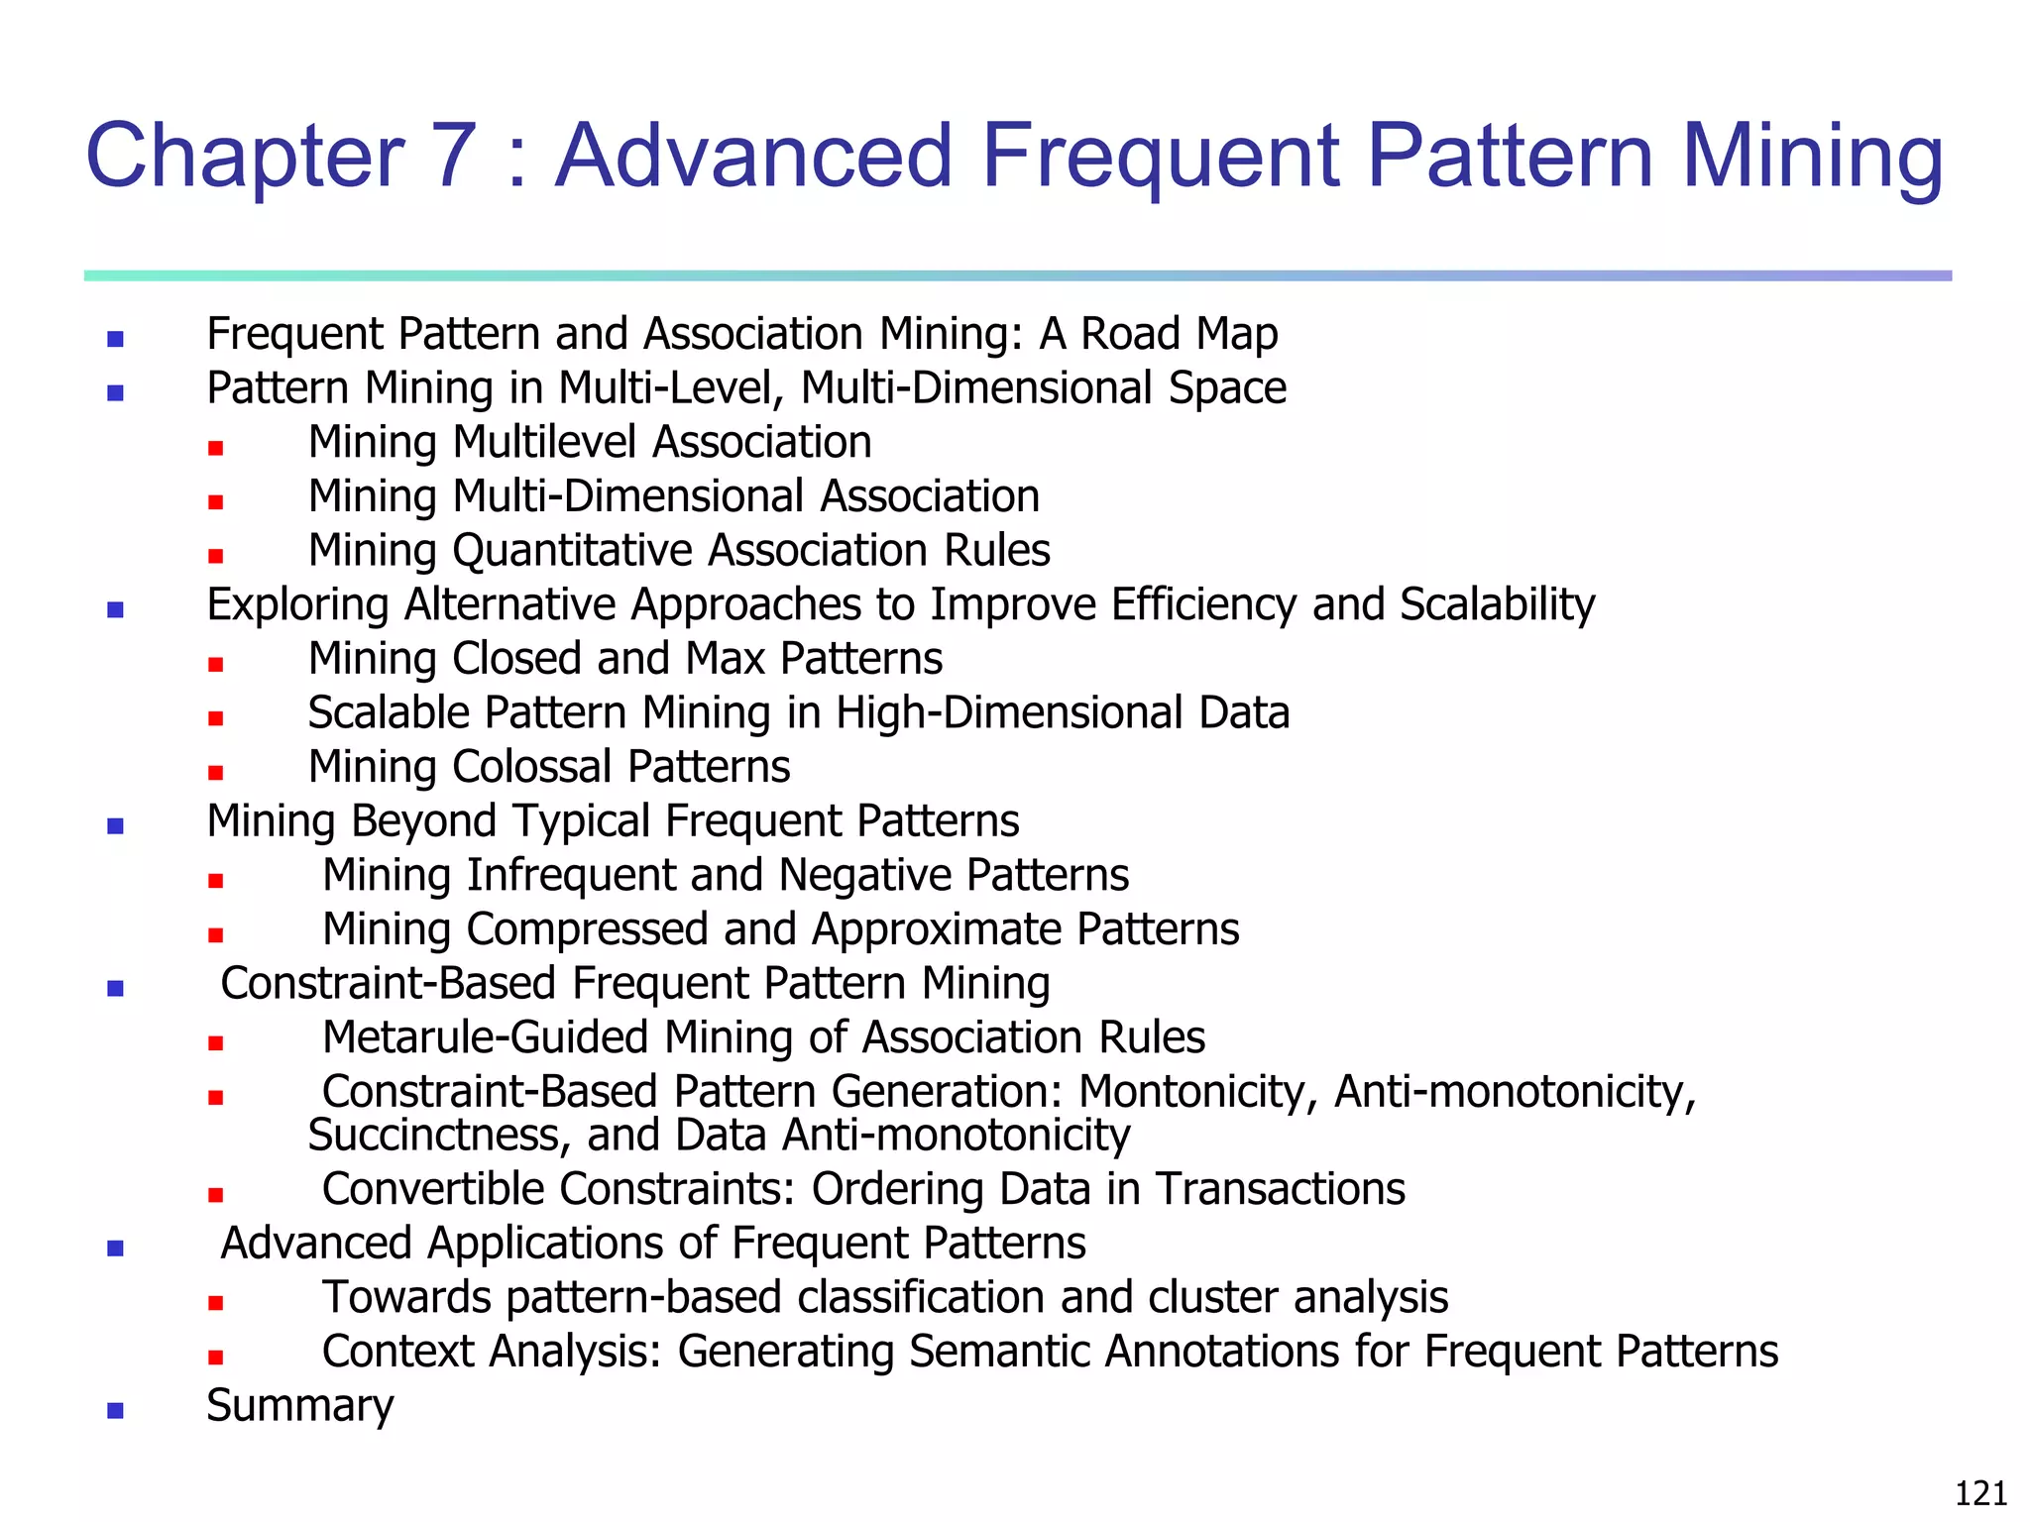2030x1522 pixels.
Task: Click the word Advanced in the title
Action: [x=752, y=156]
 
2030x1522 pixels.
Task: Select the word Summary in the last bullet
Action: [x=299, y=1406]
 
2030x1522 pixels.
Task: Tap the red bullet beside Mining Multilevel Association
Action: [x=216, y=448]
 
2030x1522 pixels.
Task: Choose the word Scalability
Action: [x=1497, y=604]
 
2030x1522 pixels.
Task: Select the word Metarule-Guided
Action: [x=485, y=1037]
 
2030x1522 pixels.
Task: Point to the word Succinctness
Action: [x=439, y=1136]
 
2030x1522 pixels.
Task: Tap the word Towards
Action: [x=406, y=1297]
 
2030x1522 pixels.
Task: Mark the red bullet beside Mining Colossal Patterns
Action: [x=216, y=773]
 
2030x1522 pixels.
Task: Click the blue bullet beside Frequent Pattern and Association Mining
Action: [x=116, y=340]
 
